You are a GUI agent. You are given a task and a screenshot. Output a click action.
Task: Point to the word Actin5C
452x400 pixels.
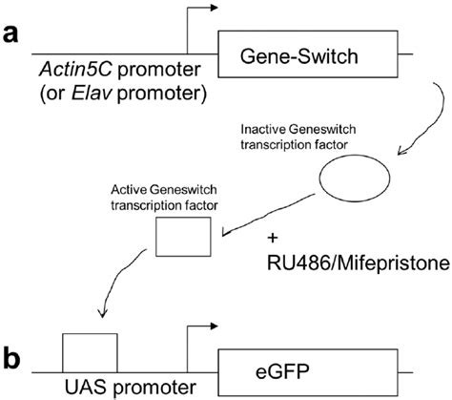pos(70,70)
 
